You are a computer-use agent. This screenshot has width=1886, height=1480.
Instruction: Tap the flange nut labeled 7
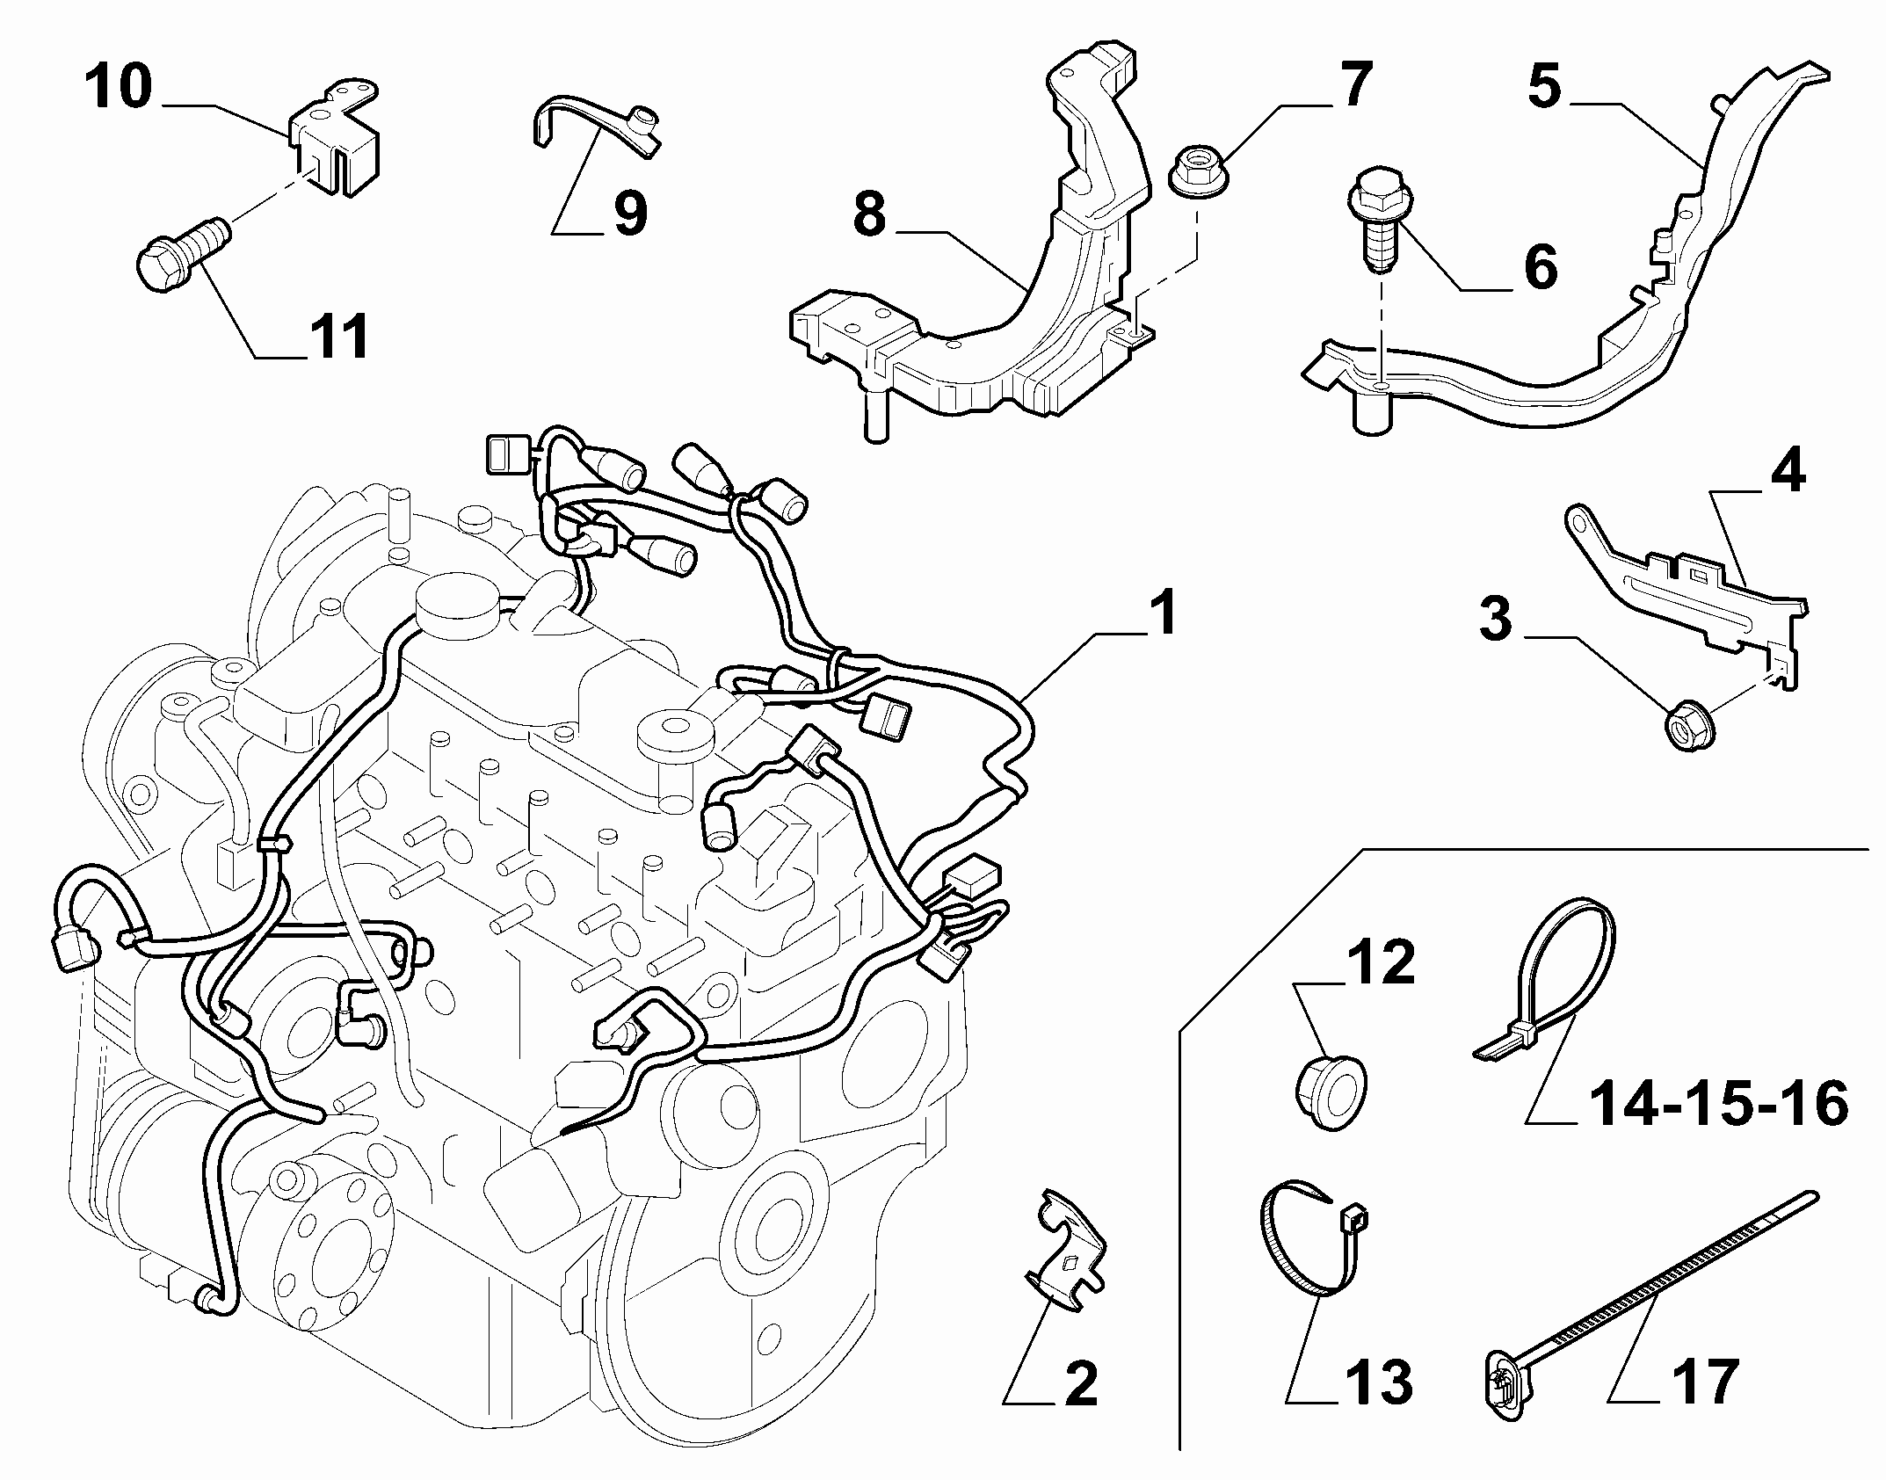click(1199, 178)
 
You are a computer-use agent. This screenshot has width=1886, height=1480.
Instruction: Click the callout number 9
click(630, 214)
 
